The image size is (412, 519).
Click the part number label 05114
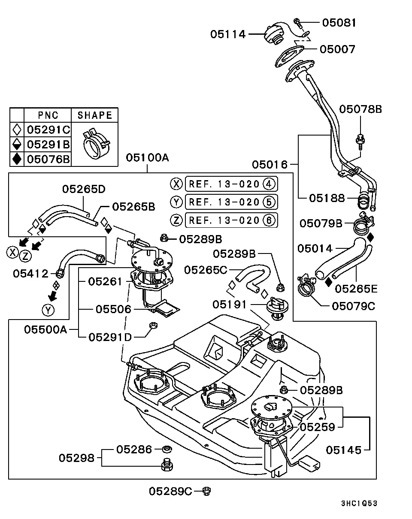(x=228, y=34)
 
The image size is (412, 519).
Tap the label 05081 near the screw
(x=339, y=23)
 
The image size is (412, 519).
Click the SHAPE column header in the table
(x=94, y=115)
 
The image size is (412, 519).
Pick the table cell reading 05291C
(x=48, y=130)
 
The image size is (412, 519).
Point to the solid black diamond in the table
(x=17, y=159)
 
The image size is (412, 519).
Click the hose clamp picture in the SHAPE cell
(x=96, y=144)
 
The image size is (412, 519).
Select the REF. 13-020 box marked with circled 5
(x=231, y=202)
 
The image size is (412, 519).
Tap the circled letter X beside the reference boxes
(x=176, y=184)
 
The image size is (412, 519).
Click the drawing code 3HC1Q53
(x=359, y=503)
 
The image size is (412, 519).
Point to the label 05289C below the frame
(x=170, y=491)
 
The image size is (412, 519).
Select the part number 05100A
(x=148, y=158)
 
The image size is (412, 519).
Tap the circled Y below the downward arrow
(x=48, y=310)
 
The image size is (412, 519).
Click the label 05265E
(x=356, y=289)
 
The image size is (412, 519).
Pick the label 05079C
(x=353, y=306)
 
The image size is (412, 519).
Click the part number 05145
(x=343, y=450)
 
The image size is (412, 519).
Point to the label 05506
(x=113, y=309)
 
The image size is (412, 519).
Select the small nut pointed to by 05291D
(x=154, y=325)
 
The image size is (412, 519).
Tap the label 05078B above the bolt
(x=360, y=109)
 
